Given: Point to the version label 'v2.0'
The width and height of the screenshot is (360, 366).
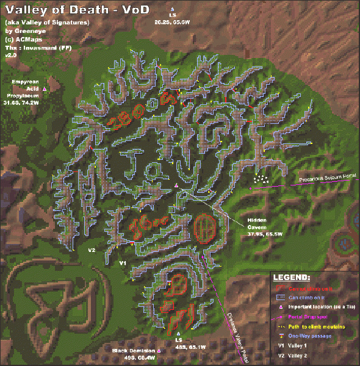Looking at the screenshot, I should click(10, 55).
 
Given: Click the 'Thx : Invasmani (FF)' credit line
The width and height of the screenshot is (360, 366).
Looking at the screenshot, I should click(38, 47).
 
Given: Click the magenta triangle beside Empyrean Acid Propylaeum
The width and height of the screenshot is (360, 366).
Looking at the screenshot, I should click(45, 89).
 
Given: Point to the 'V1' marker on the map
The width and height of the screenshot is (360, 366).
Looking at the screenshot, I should click(122, 262).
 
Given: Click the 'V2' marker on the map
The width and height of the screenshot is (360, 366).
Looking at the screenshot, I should click(92, 250).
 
